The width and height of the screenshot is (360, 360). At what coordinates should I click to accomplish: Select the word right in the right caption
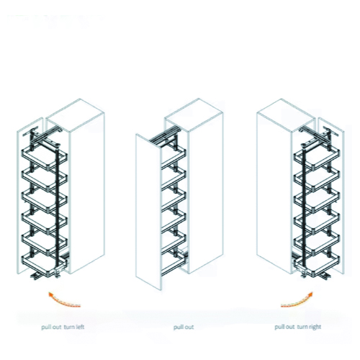click(313, 327)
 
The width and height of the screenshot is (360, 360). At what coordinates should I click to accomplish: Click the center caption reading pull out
click(184, 327)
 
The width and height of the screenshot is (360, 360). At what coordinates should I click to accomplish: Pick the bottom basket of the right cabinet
click(318, 264)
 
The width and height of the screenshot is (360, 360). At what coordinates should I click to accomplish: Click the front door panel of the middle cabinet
click(148, 210)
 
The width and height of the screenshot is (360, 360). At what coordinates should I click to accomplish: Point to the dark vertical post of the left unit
click(58, 209)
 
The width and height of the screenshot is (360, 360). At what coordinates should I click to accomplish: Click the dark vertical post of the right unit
click(305, 209)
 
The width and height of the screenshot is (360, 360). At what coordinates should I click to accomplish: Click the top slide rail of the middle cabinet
click(164, 135)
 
